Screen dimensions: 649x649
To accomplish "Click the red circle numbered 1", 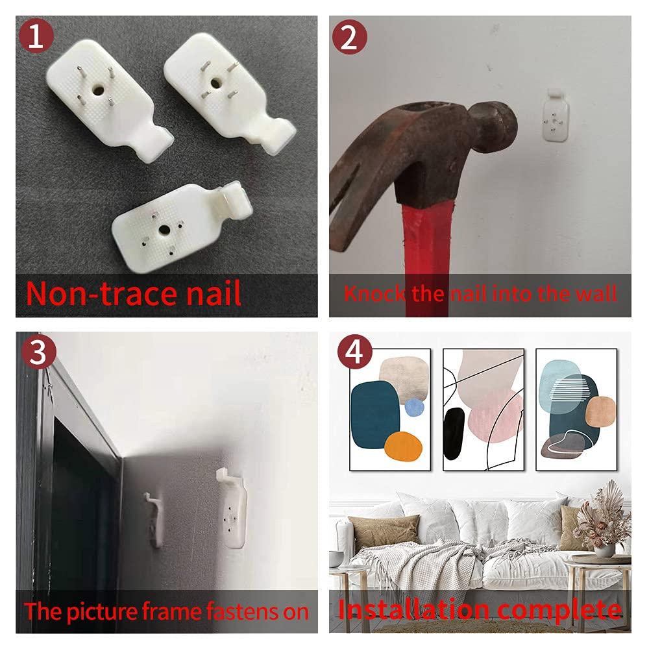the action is (x=36, y=36).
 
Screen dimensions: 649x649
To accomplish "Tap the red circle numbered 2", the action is (x=350, y=37).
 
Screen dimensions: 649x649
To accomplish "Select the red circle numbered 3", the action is (x=38, y=352).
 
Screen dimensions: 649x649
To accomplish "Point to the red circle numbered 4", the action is (x=355, y=352).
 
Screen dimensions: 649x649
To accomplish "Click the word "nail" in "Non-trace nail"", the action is (x=214, y=293).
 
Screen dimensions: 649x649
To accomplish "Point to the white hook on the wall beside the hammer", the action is (x=556, y=116).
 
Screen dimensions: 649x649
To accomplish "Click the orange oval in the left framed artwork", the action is (x=403, y=447).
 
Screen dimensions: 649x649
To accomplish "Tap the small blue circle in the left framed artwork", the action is (x=414, y=408).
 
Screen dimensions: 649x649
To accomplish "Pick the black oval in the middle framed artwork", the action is (x=454, y=434).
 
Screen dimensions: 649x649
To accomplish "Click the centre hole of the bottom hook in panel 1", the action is (x=164, y=229).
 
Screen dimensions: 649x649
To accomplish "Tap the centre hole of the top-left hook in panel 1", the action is (x=99, y=90).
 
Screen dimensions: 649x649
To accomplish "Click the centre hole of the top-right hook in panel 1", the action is (x=216, y=83).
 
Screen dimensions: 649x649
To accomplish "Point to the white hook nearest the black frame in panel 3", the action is (x=154, y=519).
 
